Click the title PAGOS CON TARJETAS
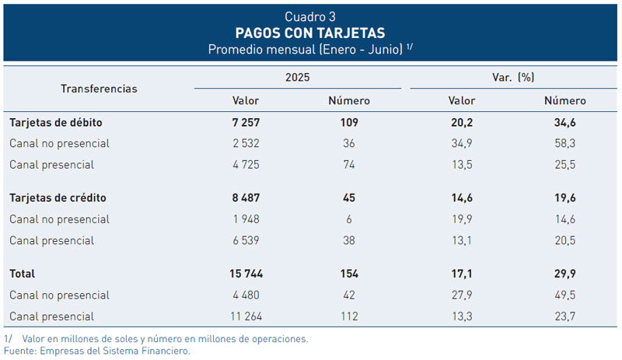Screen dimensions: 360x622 (310, 33)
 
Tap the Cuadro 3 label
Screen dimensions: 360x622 (310, 16)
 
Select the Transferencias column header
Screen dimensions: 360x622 (99, 89)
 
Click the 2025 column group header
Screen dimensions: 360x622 (298, 77)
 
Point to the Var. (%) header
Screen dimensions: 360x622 (513, 77)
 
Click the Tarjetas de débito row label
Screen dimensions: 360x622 (56, 123)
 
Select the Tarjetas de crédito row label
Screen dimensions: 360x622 (58, 198)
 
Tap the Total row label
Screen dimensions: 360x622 (23, 274)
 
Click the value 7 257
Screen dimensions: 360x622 (246, 123)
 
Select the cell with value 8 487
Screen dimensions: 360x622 (246, 198)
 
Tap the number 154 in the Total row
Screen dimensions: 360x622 (348, 274)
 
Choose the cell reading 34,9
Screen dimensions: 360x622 (461, 144)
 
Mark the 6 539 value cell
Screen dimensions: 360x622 (246, 241)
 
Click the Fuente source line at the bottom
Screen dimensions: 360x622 (97, 351)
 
